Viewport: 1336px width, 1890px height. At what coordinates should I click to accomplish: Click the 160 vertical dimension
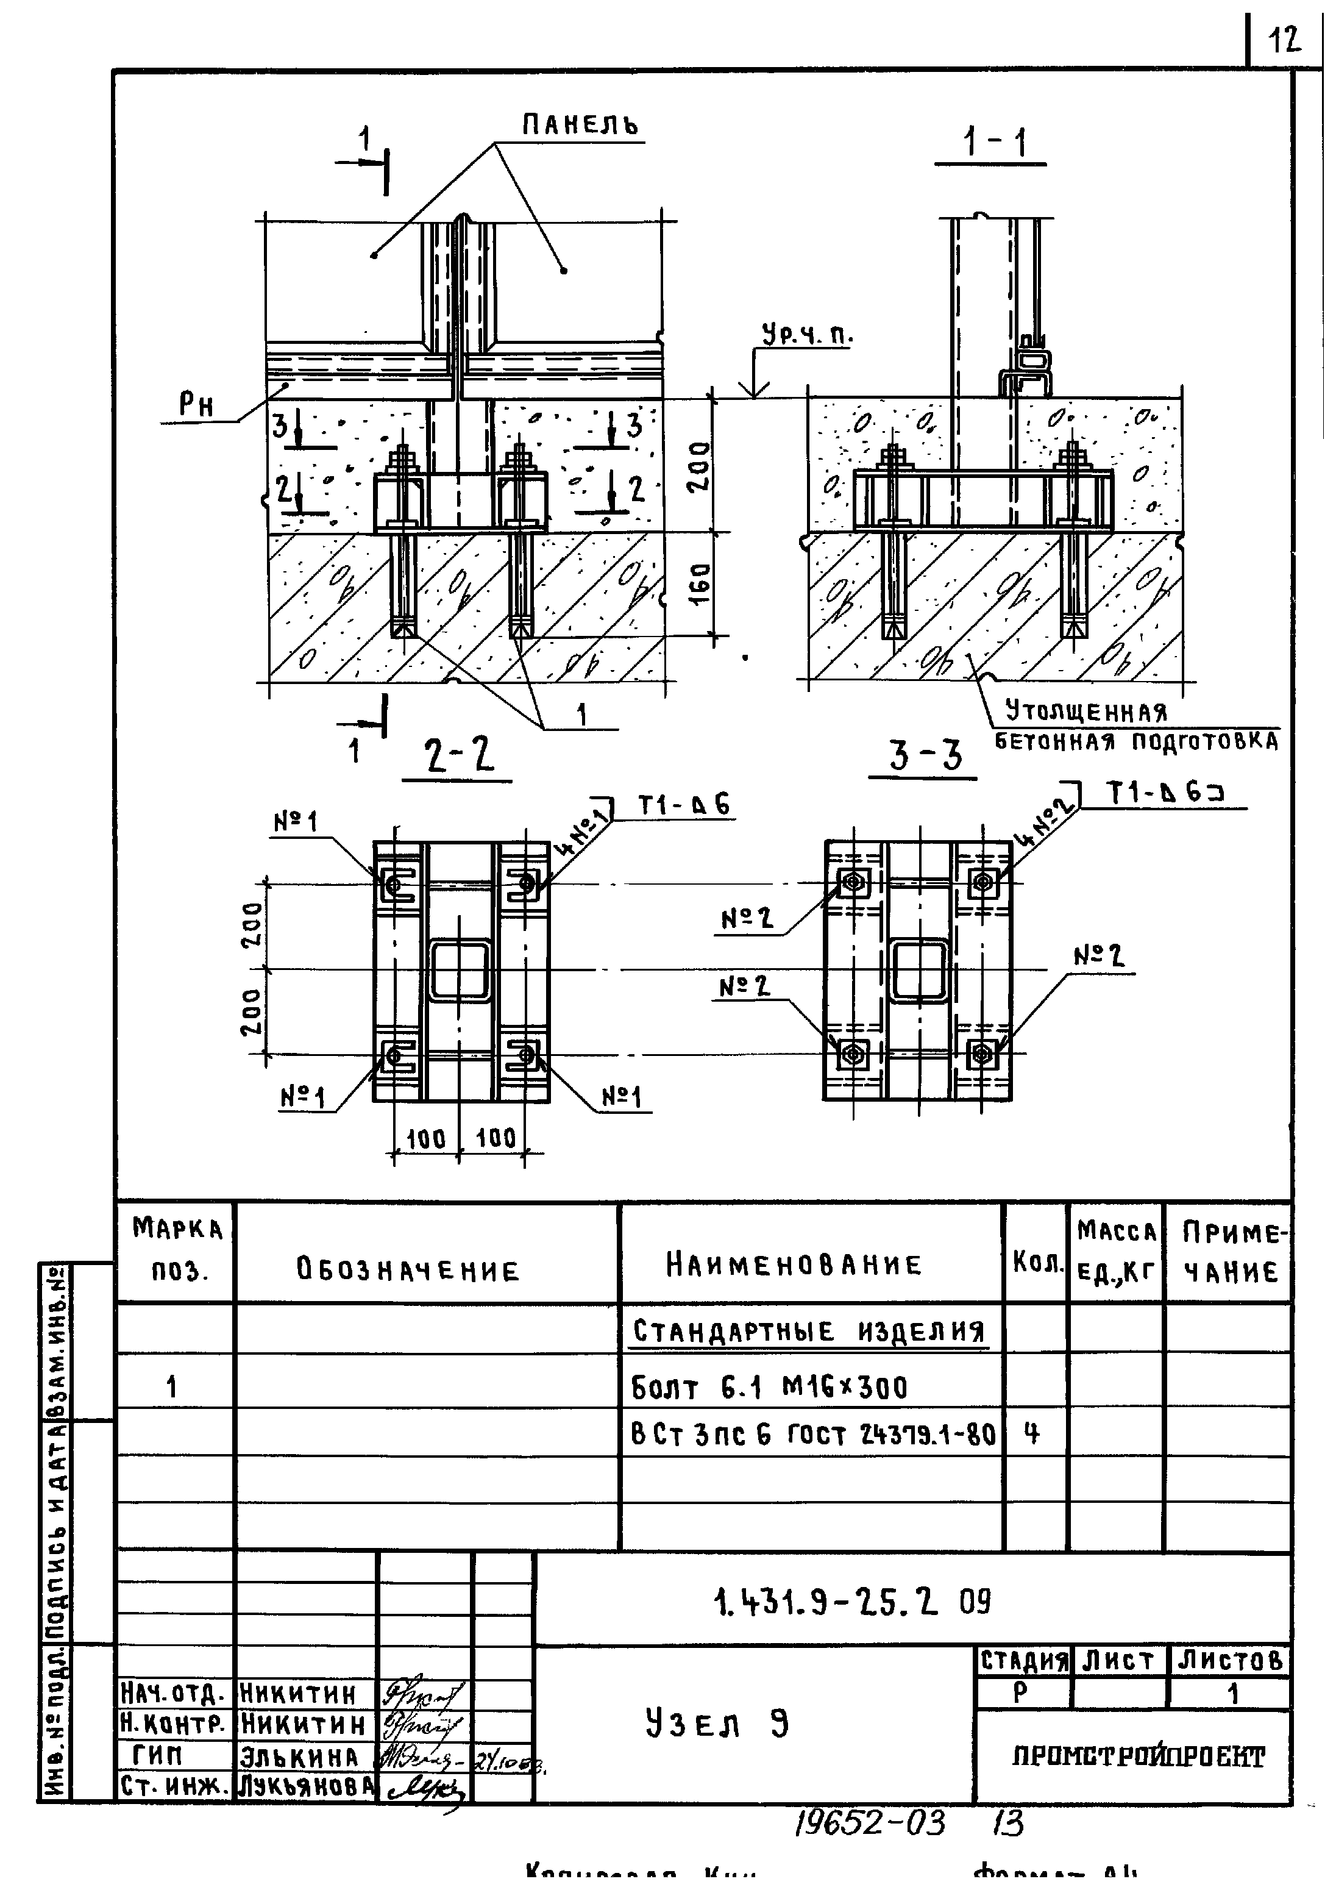coord(700,583)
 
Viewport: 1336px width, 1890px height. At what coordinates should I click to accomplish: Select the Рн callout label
coord(196,405)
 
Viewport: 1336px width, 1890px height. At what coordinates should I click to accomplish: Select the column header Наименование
coord(794,1264)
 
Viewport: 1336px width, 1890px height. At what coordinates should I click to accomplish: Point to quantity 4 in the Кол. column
coord(1031,1434)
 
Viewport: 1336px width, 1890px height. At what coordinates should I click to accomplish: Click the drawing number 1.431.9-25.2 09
coord(853,1601)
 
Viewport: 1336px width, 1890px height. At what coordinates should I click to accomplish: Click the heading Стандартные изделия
coord(808,1331)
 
